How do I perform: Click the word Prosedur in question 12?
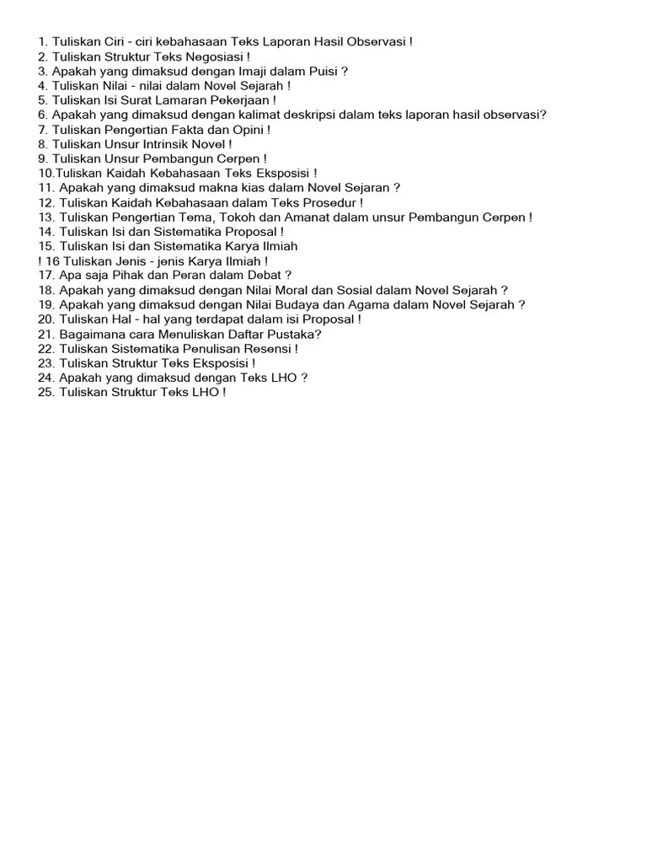(x=329, y=202)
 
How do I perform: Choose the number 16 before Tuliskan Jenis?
(x=52, y=261)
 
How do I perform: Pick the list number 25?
(x=45, y=392)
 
